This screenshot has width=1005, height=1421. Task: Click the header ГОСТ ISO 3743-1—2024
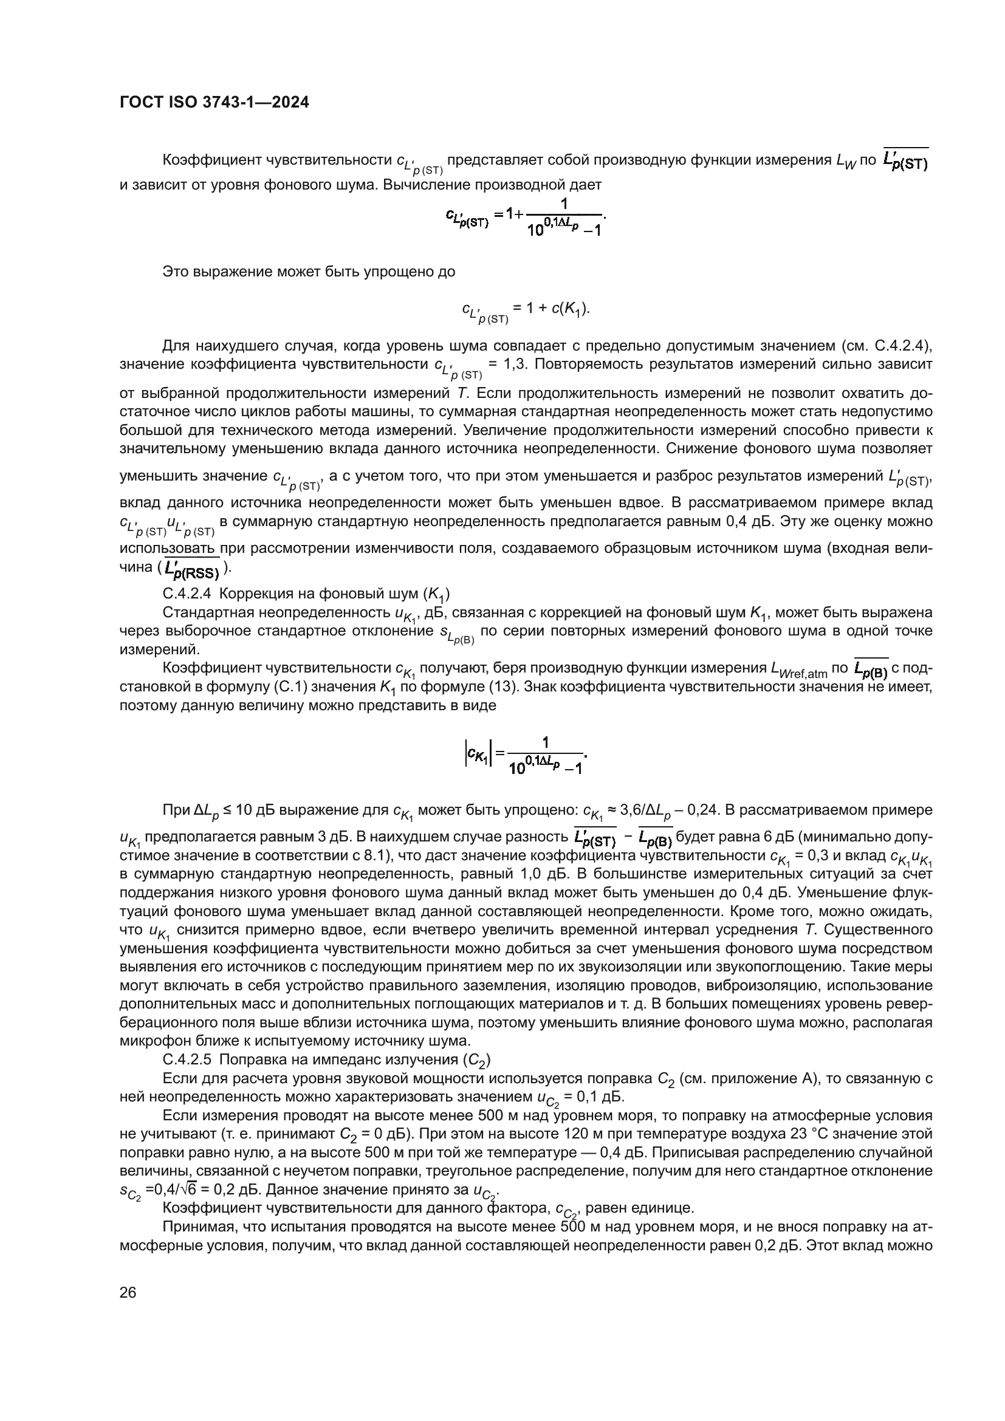[x=213, y=103]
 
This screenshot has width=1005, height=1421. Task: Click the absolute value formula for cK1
[x=525, y=755]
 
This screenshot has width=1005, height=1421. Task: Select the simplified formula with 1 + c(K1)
[x=525, y=310]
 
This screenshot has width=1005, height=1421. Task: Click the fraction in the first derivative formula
[x=563, y=217]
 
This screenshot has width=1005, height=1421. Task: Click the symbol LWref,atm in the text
[x=798, y=669]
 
